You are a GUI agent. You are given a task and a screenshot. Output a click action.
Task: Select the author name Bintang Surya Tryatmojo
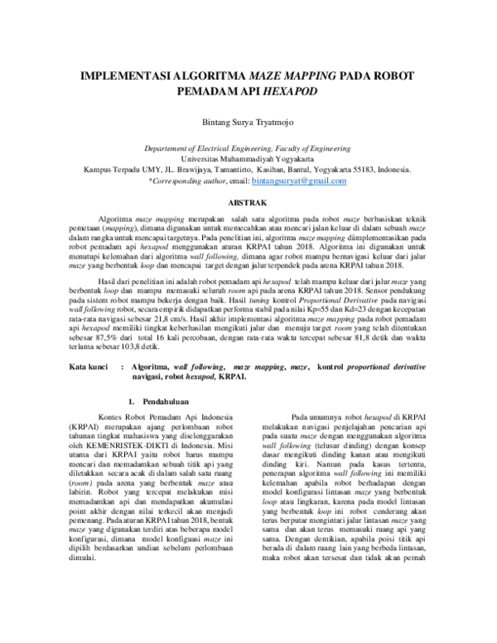pyautogui.click(x=248, y=122)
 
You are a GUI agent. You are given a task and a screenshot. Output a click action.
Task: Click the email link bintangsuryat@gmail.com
pyautogui.click(x=299, y=180)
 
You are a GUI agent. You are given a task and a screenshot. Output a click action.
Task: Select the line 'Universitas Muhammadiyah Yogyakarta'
pyautogui.click(x=248, y=157)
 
